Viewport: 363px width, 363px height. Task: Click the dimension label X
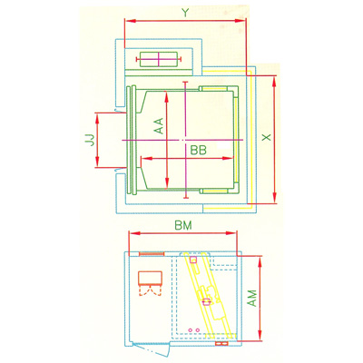coord(265,137)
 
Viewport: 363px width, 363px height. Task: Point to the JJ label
coord(80,140)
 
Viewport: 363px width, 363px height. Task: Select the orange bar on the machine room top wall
coord(150,255)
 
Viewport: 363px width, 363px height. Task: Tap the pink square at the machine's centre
coord(208,300)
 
